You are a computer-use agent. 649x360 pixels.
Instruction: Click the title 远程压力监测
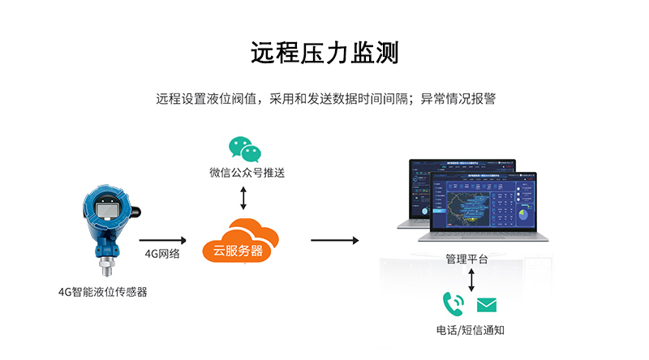click(324, 53)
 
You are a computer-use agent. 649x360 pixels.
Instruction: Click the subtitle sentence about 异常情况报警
click(324, 100)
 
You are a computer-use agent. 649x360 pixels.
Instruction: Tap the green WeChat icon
click(243, 149)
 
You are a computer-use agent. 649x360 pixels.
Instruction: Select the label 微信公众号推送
click(244, 173)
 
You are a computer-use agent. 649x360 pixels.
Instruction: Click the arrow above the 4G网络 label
click(163, 239)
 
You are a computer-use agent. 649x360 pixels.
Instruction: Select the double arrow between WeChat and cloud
click(243, 197)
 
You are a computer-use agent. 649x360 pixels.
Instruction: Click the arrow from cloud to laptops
click(334, 239)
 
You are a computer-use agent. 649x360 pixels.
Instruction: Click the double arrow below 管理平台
click(471, 280)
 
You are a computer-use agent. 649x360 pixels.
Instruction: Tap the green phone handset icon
click(453, 304)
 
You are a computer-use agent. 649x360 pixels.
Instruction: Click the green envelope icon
click(486, 305)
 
